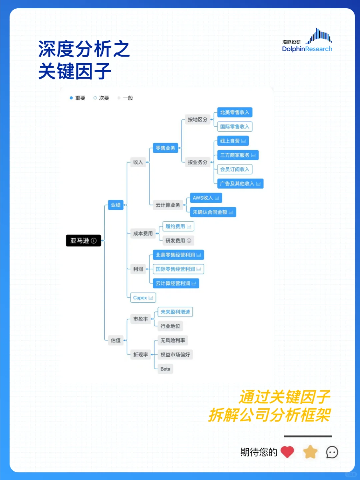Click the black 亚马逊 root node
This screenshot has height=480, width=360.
(83, 240)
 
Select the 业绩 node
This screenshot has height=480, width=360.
(116, 205)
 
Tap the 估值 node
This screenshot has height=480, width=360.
(116, 340)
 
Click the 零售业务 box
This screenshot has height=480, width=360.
(165, 148)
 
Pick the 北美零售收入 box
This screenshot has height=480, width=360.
(235, 112)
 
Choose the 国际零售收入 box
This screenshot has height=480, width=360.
(235, 127)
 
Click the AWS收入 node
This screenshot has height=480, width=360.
(206, 198)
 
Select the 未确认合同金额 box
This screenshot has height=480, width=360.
(213, 212)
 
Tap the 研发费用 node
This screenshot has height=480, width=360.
(178, 240)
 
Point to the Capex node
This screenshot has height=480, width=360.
(143, 298)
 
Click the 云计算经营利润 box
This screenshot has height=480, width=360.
(176, 283)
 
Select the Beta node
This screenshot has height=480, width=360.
(165, 369)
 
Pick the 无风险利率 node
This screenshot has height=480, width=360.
(173, 340)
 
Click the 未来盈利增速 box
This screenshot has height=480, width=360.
(175, 312)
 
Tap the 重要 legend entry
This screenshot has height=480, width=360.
(77, 98)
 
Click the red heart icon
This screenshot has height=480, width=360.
(287, 452)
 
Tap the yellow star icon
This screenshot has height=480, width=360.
(310, 452)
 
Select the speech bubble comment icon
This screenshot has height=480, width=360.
(332, 452)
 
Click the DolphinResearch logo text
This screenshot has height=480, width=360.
(307, 49)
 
